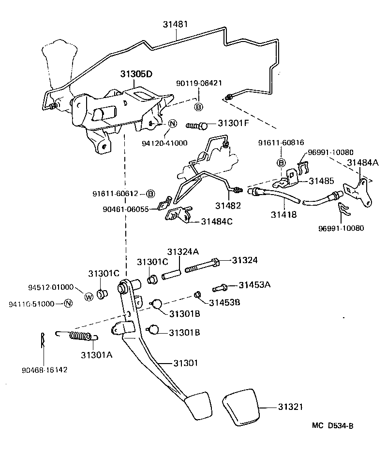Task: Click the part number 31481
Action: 176,23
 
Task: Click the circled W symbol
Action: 89,296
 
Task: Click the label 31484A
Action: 363,163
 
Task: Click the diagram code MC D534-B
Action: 332,425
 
